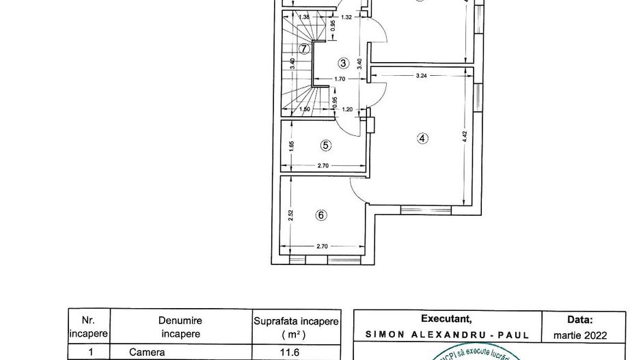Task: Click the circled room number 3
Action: point(343,63)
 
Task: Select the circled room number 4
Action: point(422,138)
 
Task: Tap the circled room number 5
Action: point(325,145)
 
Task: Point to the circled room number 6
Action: point(322,215)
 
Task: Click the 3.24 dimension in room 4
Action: point(422,75)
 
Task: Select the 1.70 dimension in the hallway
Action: point(340,79)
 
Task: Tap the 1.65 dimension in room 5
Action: point(290,145)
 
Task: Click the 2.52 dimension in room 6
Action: point(290,215)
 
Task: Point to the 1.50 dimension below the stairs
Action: point(305,109)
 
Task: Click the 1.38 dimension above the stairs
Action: point(305,17)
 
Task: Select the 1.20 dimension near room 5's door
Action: point(347,109)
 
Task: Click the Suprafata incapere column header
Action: point(296,327)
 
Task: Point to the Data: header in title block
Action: point(580,319)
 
